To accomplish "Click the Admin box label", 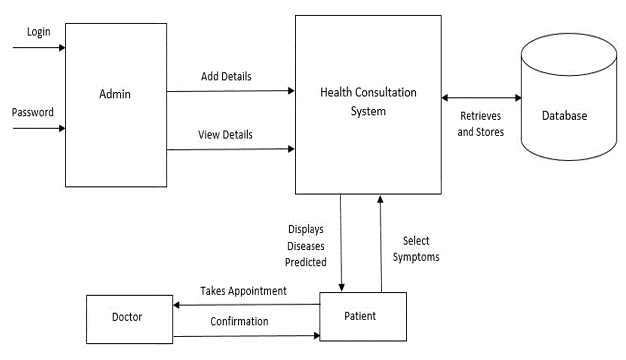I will (x=115, y=94).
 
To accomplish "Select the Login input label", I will (x=39, y=32).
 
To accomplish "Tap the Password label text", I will (x=33, y=112).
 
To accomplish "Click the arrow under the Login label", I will (x=39, y=48).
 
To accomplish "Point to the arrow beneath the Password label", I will (x=39, y=128).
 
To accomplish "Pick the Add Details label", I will (x=226, y=77).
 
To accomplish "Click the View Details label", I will (x=225, y=135).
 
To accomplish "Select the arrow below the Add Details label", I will (x=230, y=91).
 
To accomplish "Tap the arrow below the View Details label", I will (x=230, y=149).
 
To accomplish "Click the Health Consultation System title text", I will (x=368, y=101).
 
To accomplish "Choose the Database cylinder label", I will (x=564, y=116).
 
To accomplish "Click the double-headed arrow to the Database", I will (x=481, y=98).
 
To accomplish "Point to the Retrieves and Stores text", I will (x=480, y=124).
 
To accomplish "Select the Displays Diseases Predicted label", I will (x=306, y=245).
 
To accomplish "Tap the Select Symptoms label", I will (x=416, y=249).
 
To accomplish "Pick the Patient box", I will (x=363, y=316).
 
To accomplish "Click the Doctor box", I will (x=130, y=319).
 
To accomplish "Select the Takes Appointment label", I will (x=243, y=291).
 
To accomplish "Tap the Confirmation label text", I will (x=239, y=321).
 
